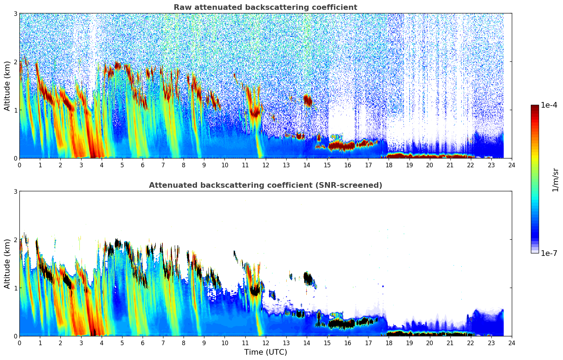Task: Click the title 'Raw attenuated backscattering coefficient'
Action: pyautogui.click(x=265, y=7)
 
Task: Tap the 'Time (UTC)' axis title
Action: pyautogui.click(x=265, y=352)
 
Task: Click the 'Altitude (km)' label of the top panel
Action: pyautogui.click(x=7, y=86)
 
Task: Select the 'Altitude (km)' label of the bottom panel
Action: pyautogui.click(x=7, y=264)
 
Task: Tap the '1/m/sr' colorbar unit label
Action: pyautogui.click(x=555, y=180)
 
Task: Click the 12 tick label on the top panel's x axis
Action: pyautogui.click(x=265, y=165)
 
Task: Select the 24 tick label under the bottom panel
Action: pyautogui.click(x=511, y=343)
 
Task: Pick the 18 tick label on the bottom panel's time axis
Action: pyautogui.click(x=389, y=343)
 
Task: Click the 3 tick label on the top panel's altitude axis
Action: pyautogui.click(x=15, y=13)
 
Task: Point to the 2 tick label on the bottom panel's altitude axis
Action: pyautogui.click(x=15, y=240)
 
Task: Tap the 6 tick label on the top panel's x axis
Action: pyautogui.click(x=143, y=165)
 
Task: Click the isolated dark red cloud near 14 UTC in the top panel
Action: pyautogui.click(x=307, y=100)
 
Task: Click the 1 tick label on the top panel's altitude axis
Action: pyautogui.click(x=15, y=110)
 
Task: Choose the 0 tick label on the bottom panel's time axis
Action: pyautogui.click(x=19, y=343)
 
